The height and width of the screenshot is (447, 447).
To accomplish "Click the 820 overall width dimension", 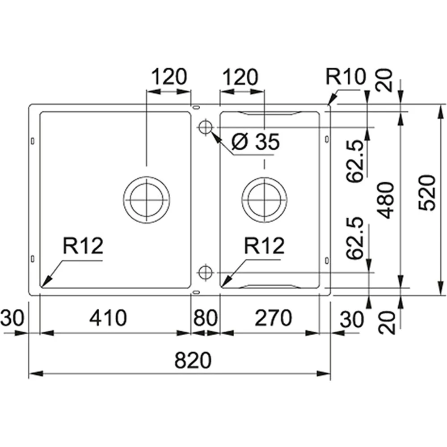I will click(x=192, y=360).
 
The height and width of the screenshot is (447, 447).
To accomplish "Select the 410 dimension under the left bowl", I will click(x=108, y=318).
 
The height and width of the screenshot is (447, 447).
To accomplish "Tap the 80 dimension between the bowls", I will click(x=205, y=318).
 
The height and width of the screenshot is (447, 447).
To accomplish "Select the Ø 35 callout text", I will click(x=256, y=143).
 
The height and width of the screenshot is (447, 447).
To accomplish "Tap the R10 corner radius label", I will click(x=345, y=77).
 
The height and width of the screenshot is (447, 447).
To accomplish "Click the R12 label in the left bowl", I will click(x=83, y=246).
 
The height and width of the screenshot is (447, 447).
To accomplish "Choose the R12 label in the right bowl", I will click(x=264, y=246).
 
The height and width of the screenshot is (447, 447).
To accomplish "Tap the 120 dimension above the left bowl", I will click(x=169, y=77).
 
